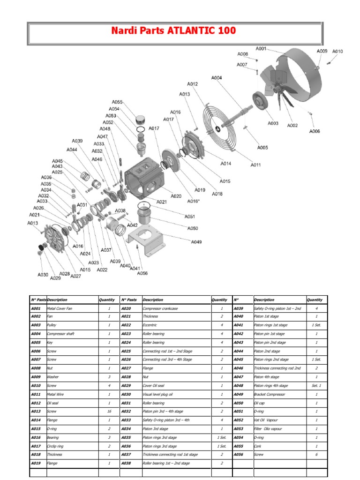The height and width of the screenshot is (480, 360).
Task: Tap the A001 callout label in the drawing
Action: point(261,49)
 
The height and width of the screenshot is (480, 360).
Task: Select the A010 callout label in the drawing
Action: point(337,52)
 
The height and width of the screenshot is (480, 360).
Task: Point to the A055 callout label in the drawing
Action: point(117,102)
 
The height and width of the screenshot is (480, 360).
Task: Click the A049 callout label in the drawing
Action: point(196,242)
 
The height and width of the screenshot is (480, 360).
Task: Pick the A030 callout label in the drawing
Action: point(43,275)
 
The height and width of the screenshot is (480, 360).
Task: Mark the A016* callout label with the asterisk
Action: point(193,201)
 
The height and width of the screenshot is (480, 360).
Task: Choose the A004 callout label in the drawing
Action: point(217,78)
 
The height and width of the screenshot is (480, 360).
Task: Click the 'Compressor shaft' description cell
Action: point(60,334)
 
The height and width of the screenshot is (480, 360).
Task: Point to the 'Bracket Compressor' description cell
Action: point(269,395)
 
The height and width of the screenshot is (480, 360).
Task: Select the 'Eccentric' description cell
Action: point(150,325)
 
